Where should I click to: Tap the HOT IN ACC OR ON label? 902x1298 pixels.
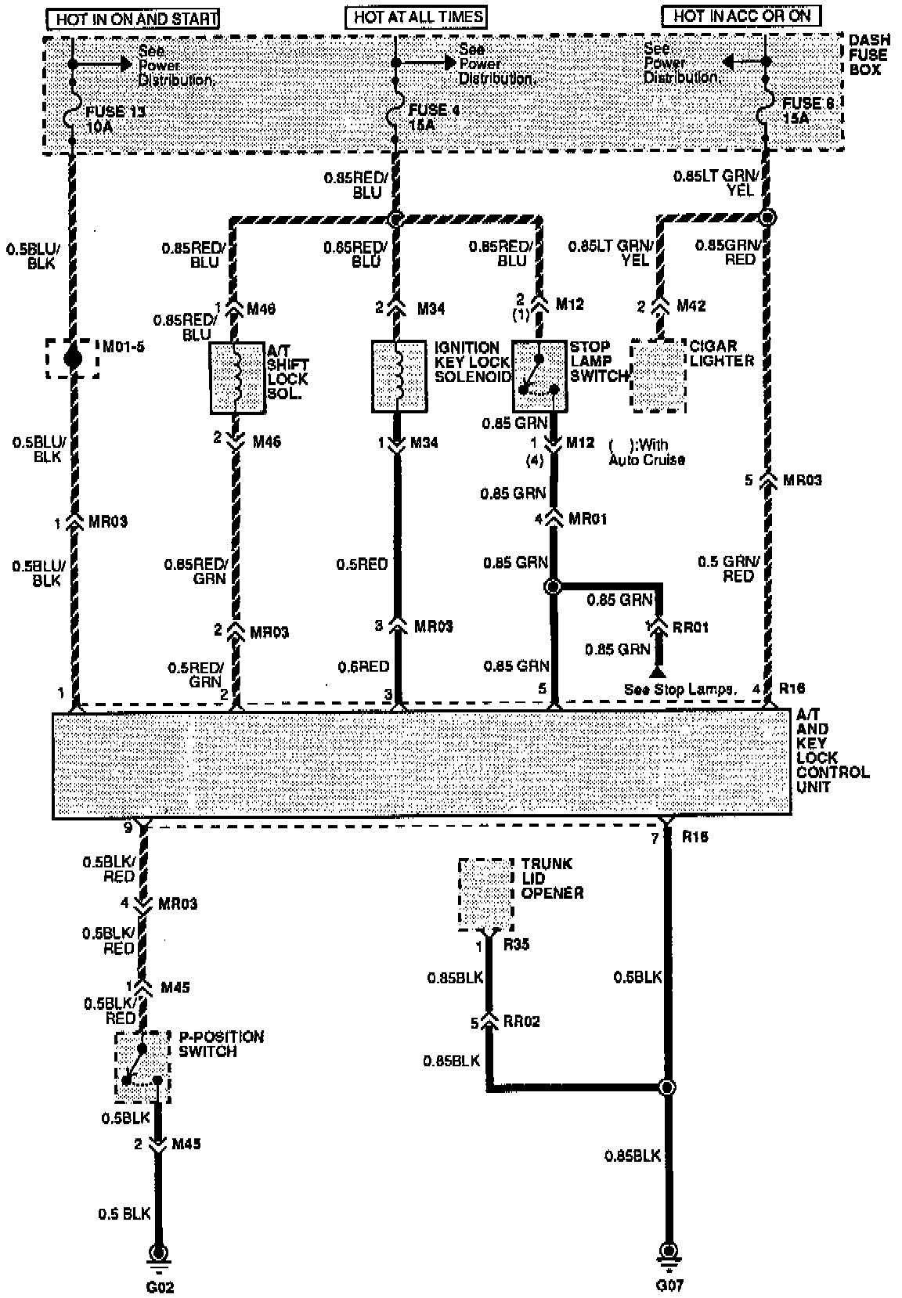pyautogui.click(x=741, y=15)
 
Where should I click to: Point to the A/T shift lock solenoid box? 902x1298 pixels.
pyautogui.click(x=236, y=377)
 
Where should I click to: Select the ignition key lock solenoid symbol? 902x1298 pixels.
pyautogui.click(x=399, y=376)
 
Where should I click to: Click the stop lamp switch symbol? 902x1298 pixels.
pyautogui.click(x=539, y=376)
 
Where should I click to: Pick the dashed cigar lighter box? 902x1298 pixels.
pyautogui.click(x=658, y=376)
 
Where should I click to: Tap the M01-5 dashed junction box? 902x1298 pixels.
pyautogui.click(x=73, y=359)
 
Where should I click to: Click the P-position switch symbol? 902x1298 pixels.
pyautogui.click(x=143, y=1066)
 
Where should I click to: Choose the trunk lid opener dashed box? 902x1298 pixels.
pyautogui.click(x=485, y=893)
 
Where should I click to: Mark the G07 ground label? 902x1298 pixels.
pyautogui.click(x=669, y=1285)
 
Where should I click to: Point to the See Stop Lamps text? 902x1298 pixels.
pyautogui.click(x=681, y=690)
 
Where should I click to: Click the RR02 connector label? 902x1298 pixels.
pyautogui.click(x=521, y=1022)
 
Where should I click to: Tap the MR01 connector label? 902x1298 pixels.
pyautogui.click(x=589, y=518)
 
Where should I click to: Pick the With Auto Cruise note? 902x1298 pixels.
pyautogui.click(x=647, y=452)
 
